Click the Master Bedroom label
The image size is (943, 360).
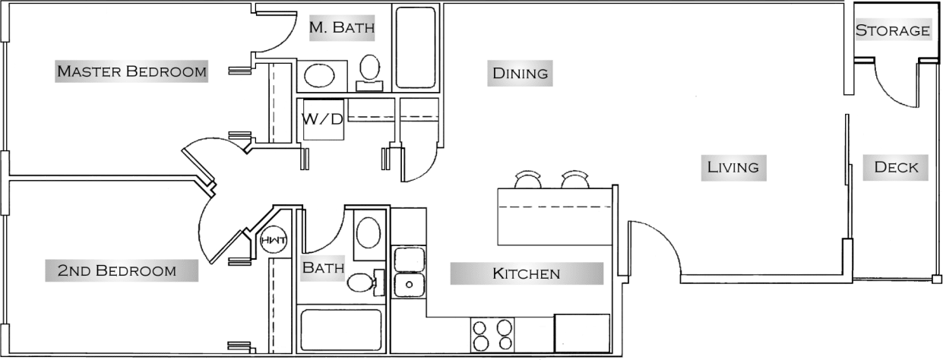[131, 72]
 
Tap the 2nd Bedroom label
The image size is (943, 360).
[117, 270]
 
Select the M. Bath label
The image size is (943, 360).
[342, 29]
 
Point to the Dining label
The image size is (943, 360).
[521, 74]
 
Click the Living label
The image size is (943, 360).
[733, 167]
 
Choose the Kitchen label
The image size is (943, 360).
[526, 273]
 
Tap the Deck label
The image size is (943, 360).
[896, 168]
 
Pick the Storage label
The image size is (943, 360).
[893, 31]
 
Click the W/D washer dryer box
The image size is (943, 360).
[323, 119]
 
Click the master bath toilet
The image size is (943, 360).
[370, 71]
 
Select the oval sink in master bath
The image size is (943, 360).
[324, 74]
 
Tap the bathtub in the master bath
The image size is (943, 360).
[416, 47]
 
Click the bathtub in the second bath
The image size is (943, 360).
[340, 330]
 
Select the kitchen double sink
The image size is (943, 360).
[410, 272]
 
